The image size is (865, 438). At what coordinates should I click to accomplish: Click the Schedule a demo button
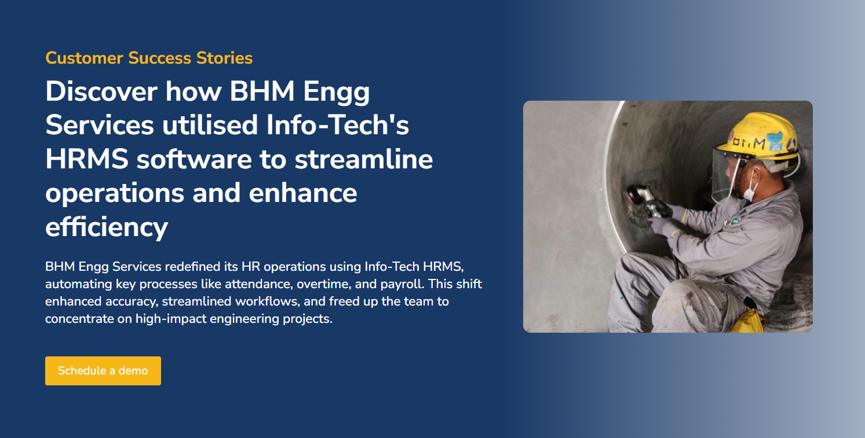click(x=103, y=371)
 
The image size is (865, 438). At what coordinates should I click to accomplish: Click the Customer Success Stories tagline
click(x=149, y=58)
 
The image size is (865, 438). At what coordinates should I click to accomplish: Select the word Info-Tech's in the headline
click(x=338, y=125)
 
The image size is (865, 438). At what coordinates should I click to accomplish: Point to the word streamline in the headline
click(x=364, y=159)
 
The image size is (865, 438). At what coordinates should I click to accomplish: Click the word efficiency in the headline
click(x=107, y=227)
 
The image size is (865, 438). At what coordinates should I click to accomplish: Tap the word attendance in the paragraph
click(x=254, y=284)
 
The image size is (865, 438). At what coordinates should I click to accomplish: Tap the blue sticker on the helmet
click(x=775, y=141)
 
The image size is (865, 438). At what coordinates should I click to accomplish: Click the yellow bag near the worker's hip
click(x=747, y=321)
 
